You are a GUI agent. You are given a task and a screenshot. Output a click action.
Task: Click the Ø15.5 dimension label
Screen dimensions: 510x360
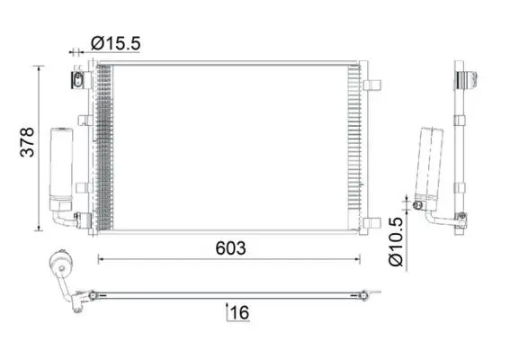115,43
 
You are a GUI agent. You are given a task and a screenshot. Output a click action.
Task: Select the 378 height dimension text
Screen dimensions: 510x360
27,142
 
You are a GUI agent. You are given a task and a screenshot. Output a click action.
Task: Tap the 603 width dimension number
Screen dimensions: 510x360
230,248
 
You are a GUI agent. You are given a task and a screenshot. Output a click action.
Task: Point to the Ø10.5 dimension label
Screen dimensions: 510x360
396,242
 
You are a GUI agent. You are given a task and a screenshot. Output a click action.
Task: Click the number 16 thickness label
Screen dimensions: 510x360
240,313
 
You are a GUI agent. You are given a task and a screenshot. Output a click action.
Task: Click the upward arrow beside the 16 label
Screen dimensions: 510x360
227,311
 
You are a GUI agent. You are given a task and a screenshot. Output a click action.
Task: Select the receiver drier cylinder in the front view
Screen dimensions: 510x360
61,169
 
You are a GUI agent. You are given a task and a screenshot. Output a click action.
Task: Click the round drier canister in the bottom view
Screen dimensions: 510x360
60,263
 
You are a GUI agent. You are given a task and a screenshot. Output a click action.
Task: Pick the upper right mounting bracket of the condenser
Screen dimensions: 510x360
371,85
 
